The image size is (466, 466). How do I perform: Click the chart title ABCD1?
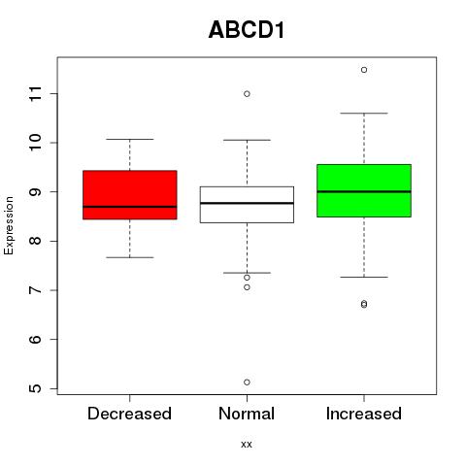click(247, 30)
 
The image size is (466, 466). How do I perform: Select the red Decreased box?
click(130, 195)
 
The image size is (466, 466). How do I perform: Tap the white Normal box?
click(247, 205)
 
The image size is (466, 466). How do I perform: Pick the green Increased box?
click(364, 190)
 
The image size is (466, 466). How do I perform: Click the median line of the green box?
click(364, 191)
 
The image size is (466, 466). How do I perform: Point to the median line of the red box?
click(130, 207)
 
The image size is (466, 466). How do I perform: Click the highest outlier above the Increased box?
click(364, 70)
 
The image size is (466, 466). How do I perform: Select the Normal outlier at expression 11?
click(247, 94)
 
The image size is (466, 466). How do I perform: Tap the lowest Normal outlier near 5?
click(247, 383)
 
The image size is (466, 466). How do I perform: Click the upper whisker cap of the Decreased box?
click(130, 139)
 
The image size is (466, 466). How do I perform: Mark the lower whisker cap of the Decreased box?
click(130, 257)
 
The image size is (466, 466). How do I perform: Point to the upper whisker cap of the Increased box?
click(364, 114)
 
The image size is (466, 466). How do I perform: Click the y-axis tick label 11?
click(35, 94)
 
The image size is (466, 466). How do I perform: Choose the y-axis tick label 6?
click(35, 339)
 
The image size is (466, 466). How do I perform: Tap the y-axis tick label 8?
click(35, 241)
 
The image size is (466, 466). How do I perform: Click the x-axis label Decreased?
click(129, 414)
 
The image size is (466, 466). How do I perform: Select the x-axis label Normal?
click(247, 414)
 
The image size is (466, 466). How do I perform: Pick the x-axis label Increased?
click(364, 414)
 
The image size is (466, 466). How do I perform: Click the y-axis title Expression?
click(9, 225)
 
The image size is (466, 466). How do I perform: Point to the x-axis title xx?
click(247, 445)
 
